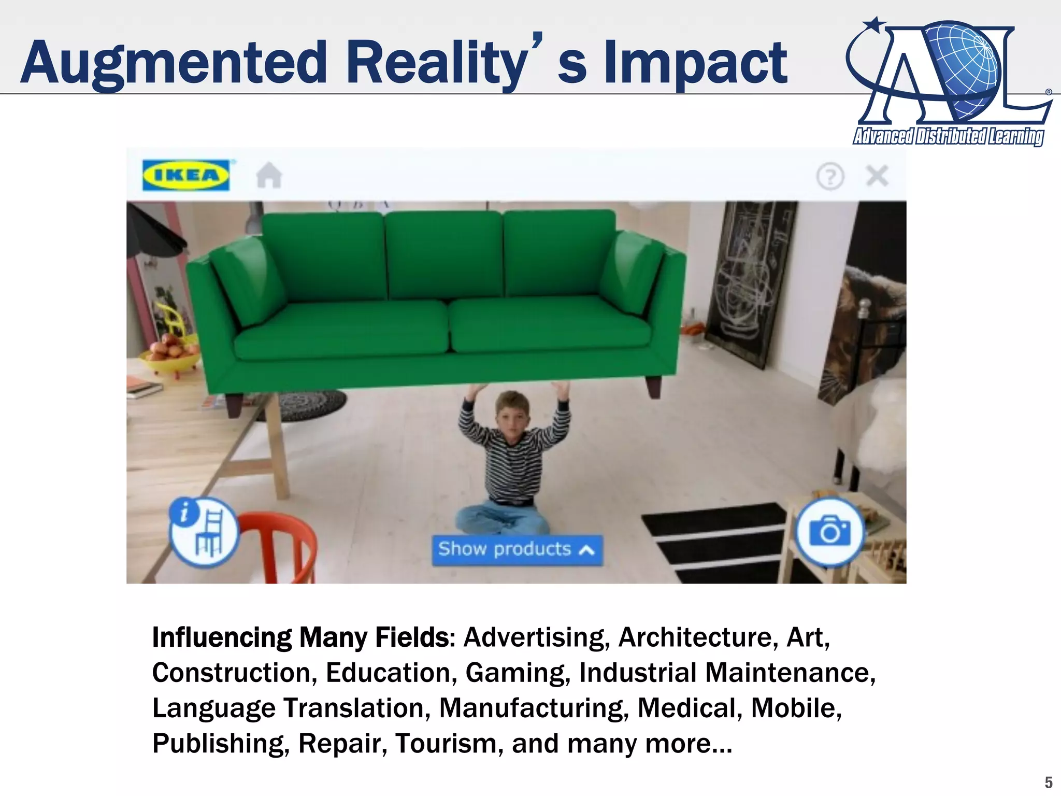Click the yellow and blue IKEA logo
point(186,175)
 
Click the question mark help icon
point(830,176)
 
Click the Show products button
point(517,549)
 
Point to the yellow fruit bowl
point(171,358)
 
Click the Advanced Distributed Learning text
point(949,136)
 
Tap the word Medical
point(686,708)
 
